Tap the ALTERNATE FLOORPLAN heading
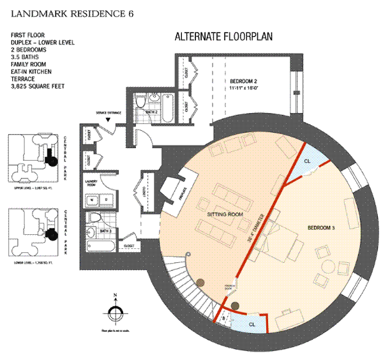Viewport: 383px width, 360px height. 223,37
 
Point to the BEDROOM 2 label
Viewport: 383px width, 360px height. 243,82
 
